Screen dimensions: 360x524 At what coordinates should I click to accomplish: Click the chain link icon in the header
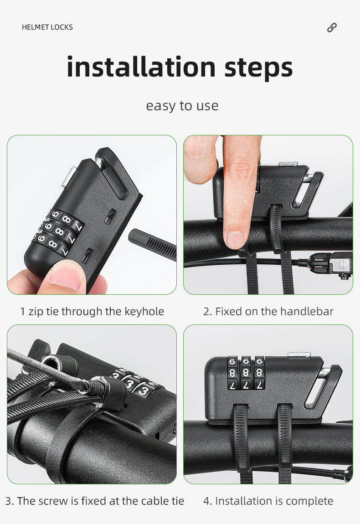[x=332, y=27]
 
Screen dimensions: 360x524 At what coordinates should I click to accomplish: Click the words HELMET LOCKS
[x=47, y=27]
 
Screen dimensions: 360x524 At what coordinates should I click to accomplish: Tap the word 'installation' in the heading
[x=141, y=67]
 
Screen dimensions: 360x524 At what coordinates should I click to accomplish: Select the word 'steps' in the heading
[x=258, y=68]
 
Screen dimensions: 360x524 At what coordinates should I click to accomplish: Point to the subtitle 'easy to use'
[x=182, y=106]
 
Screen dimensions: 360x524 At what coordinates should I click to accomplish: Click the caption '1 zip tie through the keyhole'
[x=92, y=312]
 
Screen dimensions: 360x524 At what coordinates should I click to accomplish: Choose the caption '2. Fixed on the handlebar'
[x=268, y=312]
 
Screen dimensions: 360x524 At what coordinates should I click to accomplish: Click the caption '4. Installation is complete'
[x=268, y=501]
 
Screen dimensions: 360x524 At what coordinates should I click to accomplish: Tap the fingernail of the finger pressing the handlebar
[x=235, y=239]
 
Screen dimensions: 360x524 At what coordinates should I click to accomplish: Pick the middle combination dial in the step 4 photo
[x=246, y=373]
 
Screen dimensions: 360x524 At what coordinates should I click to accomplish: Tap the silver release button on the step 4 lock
[x=299, y=354]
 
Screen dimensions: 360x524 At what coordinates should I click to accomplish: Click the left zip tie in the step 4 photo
[x=242, y=441]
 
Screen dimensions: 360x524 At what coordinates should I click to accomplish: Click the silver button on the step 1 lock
[x=68, y=177]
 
